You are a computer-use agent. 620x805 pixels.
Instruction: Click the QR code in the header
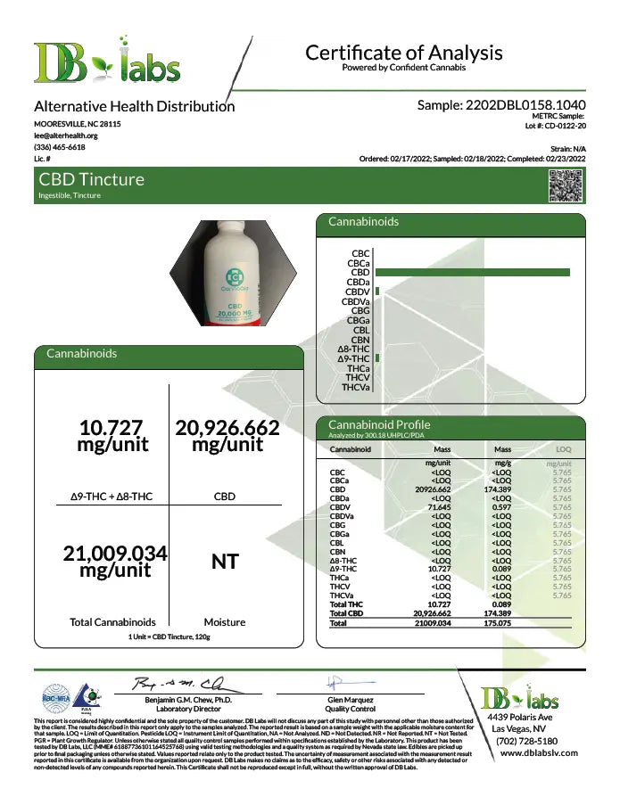(566, 185)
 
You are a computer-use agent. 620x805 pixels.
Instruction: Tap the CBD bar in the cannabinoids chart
(472, 272)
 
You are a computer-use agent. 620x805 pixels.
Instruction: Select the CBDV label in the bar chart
(358, 292)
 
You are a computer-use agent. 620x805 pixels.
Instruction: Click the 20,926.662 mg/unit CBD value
(227, 435)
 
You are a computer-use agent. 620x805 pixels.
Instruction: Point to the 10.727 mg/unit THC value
(112, 435)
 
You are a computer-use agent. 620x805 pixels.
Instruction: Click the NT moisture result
(225, 562)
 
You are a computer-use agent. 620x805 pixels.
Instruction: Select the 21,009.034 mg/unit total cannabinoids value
(115, 562)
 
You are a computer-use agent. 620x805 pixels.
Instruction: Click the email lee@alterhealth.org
(66, 136)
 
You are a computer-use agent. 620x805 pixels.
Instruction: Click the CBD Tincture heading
(91, 179)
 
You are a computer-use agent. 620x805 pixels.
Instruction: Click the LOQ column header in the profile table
(563, 450)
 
